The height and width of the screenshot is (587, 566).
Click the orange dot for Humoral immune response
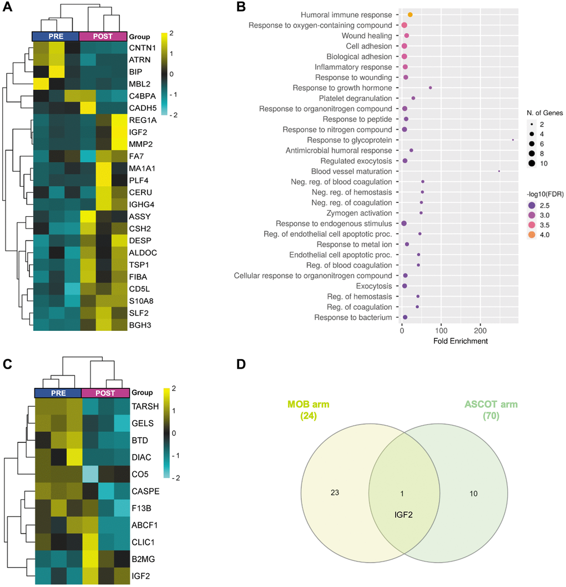(x=410, y=14)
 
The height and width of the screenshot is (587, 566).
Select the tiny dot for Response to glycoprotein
(x=513, y=140)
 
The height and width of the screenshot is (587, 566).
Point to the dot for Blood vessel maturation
(x=499, y=171)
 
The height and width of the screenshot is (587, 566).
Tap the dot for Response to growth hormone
(x=430, y=88)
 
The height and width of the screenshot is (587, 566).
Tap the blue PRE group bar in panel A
(x=55, y=36)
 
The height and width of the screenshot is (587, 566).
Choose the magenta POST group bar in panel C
(x=105, y=392)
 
